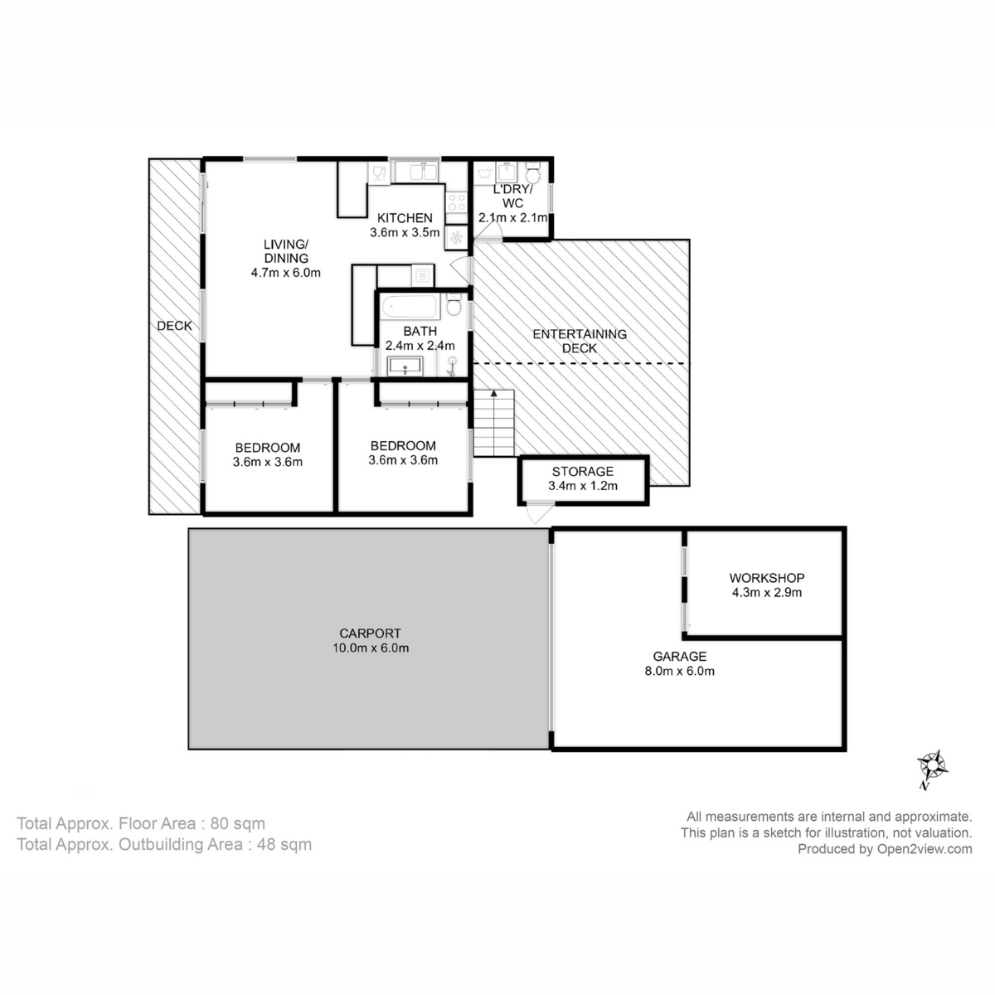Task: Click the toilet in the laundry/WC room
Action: tap(533, 174)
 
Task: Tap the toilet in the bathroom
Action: tap(454, 306)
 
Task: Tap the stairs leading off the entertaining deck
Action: tap(494, 422)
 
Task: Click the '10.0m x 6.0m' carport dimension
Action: tap(366, 648)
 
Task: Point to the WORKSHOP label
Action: tap(766, 578)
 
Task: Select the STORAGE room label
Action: tap(583, 472)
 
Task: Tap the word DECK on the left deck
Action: tap(174, 326)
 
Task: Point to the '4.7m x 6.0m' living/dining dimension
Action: tap(285, 272)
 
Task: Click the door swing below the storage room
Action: tap(537, 514)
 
